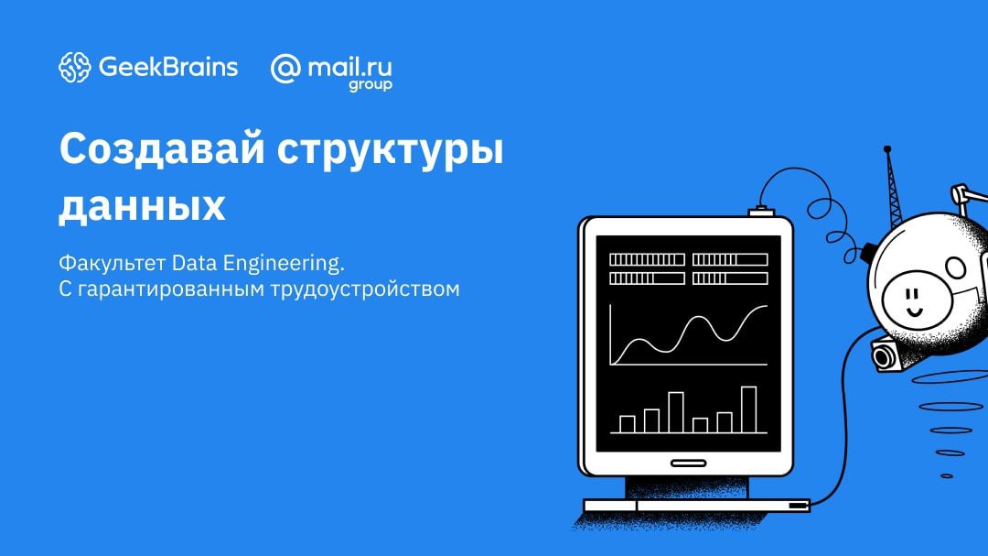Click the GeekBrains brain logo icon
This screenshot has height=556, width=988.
point(74,67)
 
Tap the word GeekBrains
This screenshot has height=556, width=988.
point(168,67)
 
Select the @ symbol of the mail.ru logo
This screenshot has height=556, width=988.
point(285,68)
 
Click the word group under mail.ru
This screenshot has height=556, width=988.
point(370,84)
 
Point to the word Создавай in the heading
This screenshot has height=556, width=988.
point(161,149)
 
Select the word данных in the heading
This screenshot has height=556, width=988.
point(143,206)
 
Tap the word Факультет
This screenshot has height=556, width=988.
point(113,263)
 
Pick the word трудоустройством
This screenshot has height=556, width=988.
point(365,289)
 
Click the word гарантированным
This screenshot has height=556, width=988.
point(171,289)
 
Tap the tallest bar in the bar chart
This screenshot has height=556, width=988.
point(748,409)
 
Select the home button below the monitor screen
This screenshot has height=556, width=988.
point(688,463)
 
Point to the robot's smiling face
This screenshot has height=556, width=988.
point(917,298)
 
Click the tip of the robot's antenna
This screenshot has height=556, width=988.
point(887,149)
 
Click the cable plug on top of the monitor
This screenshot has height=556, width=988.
point(761,212)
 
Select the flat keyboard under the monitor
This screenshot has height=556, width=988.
point(696,506)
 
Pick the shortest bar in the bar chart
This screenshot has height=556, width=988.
point(700,425)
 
